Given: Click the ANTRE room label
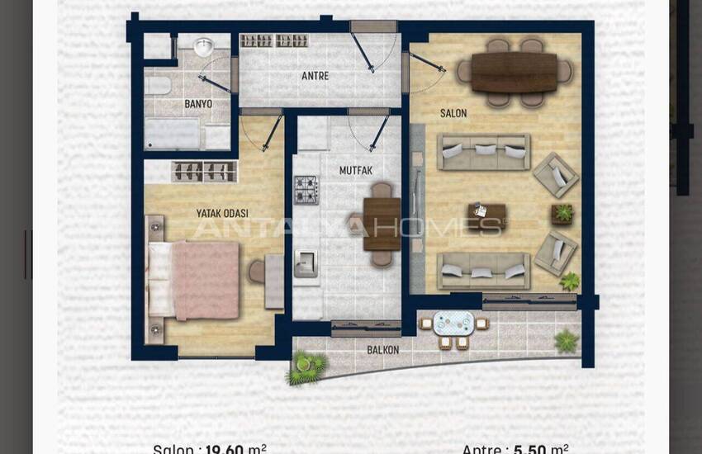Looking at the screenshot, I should coord(315,77).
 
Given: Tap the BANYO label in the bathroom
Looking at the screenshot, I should coord(198,105).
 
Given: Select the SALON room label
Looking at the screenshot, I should coord(453,114).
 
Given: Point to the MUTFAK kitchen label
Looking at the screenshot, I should coord(356,171).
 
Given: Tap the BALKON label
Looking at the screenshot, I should coord(382,350).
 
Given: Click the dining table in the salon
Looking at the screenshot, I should coord(515,72).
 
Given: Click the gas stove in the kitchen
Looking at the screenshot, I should coord(306,189).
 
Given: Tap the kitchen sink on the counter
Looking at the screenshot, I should coord(306,262).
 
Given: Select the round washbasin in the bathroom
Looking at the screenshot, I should coord(203,46).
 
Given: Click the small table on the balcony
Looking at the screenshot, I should coord(453,324).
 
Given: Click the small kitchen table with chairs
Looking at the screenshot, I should coord(381,224).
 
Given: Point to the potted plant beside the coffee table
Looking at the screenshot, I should coord(562,214).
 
